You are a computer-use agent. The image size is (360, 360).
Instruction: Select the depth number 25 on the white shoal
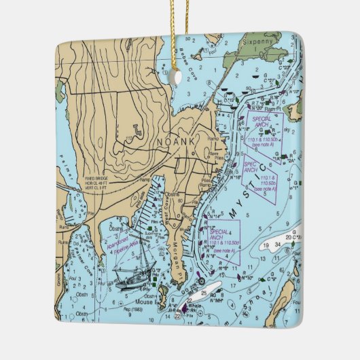[204, 293]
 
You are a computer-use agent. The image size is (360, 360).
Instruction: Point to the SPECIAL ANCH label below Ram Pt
[262, 124]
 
